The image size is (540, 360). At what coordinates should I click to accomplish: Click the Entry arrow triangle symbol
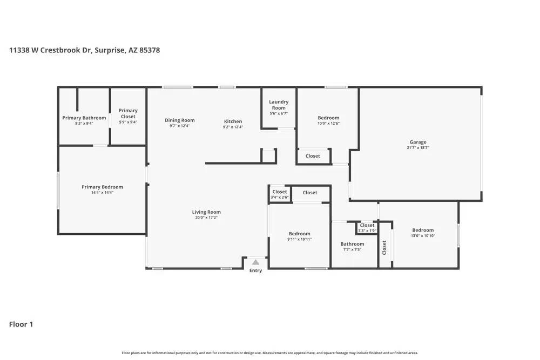(x=256, y=262)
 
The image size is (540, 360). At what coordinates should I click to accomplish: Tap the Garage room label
(x=417, y=142)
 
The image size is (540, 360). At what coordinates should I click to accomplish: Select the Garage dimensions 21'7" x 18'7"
(x=417, y=148)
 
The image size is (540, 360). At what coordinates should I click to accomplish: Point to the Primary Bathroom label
(x=84, y=118)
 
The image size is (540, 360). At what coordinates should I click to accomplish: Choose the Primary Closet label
(x=128, y=113)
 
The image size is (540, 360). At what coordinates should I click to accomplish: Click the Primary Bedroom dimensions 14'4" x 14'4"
(x=102, y=192)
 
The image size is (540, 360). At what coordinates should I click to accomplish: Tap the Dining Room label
(x=180, y=120)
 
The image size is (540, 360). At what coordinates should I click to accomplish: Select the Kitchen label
(x=233, y=121)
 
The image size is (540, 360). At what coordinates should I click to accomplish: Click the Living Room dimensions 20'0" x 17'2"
(x=206, y=218)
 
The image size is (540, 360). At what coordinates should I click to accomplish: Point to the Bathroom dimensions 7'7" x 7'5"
(x=352, y=249)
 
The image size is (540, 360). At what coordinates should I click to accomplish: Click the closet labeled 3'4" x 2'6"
(x=280, y=194)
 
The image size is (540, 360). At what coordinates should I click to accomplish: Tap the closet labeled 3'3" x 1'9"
(x=367, y=228)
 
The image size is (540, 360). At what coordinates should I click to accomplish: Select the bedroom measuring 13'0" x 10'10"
(x=423, y=233)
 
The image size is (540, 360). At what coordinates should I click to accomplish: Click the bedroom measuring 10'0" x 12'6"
(x=328, y=120)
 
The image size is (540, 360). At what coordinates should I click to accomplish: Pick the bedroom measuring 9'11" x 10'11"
(x=299, y=236)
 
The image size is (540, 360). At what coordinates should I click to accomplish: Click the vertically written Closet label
(x=384, y=247)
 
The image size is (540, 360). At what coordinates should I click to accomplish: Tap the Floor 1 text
(x=21, y=324)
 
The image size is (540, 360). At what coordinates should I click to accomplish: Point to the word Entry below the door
(x=255, y=270)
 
